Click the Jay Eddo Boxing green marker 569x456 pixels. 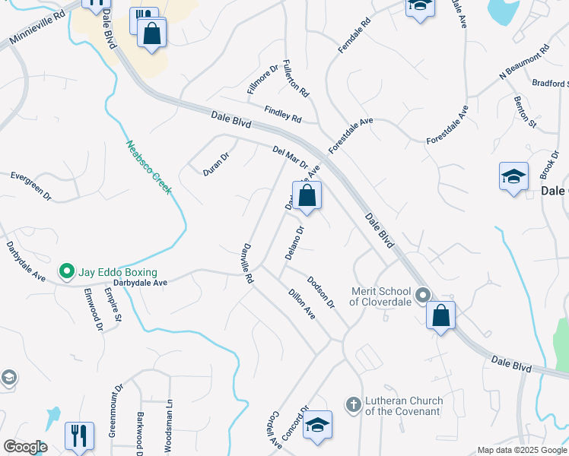coord(66,271)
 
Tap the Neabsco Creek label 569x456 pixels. coord(148,167)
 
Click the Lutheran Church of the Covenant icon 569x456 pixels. coord(353,405)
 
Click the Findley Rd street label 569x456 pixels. coord(283,115)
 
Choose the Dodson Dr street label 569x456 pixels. coord(321,291)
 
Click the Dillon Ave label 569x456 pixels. coord(301,302)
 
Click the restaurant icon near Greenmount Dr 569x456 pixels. coord(79,435)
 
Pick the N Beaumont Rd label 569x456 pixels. coord(523,64)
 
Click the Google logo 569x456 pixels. coord(24,447)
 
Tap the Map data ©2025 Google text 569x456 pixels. coord(522,450)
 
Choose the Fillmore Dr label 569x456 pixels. coord(259,82)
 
